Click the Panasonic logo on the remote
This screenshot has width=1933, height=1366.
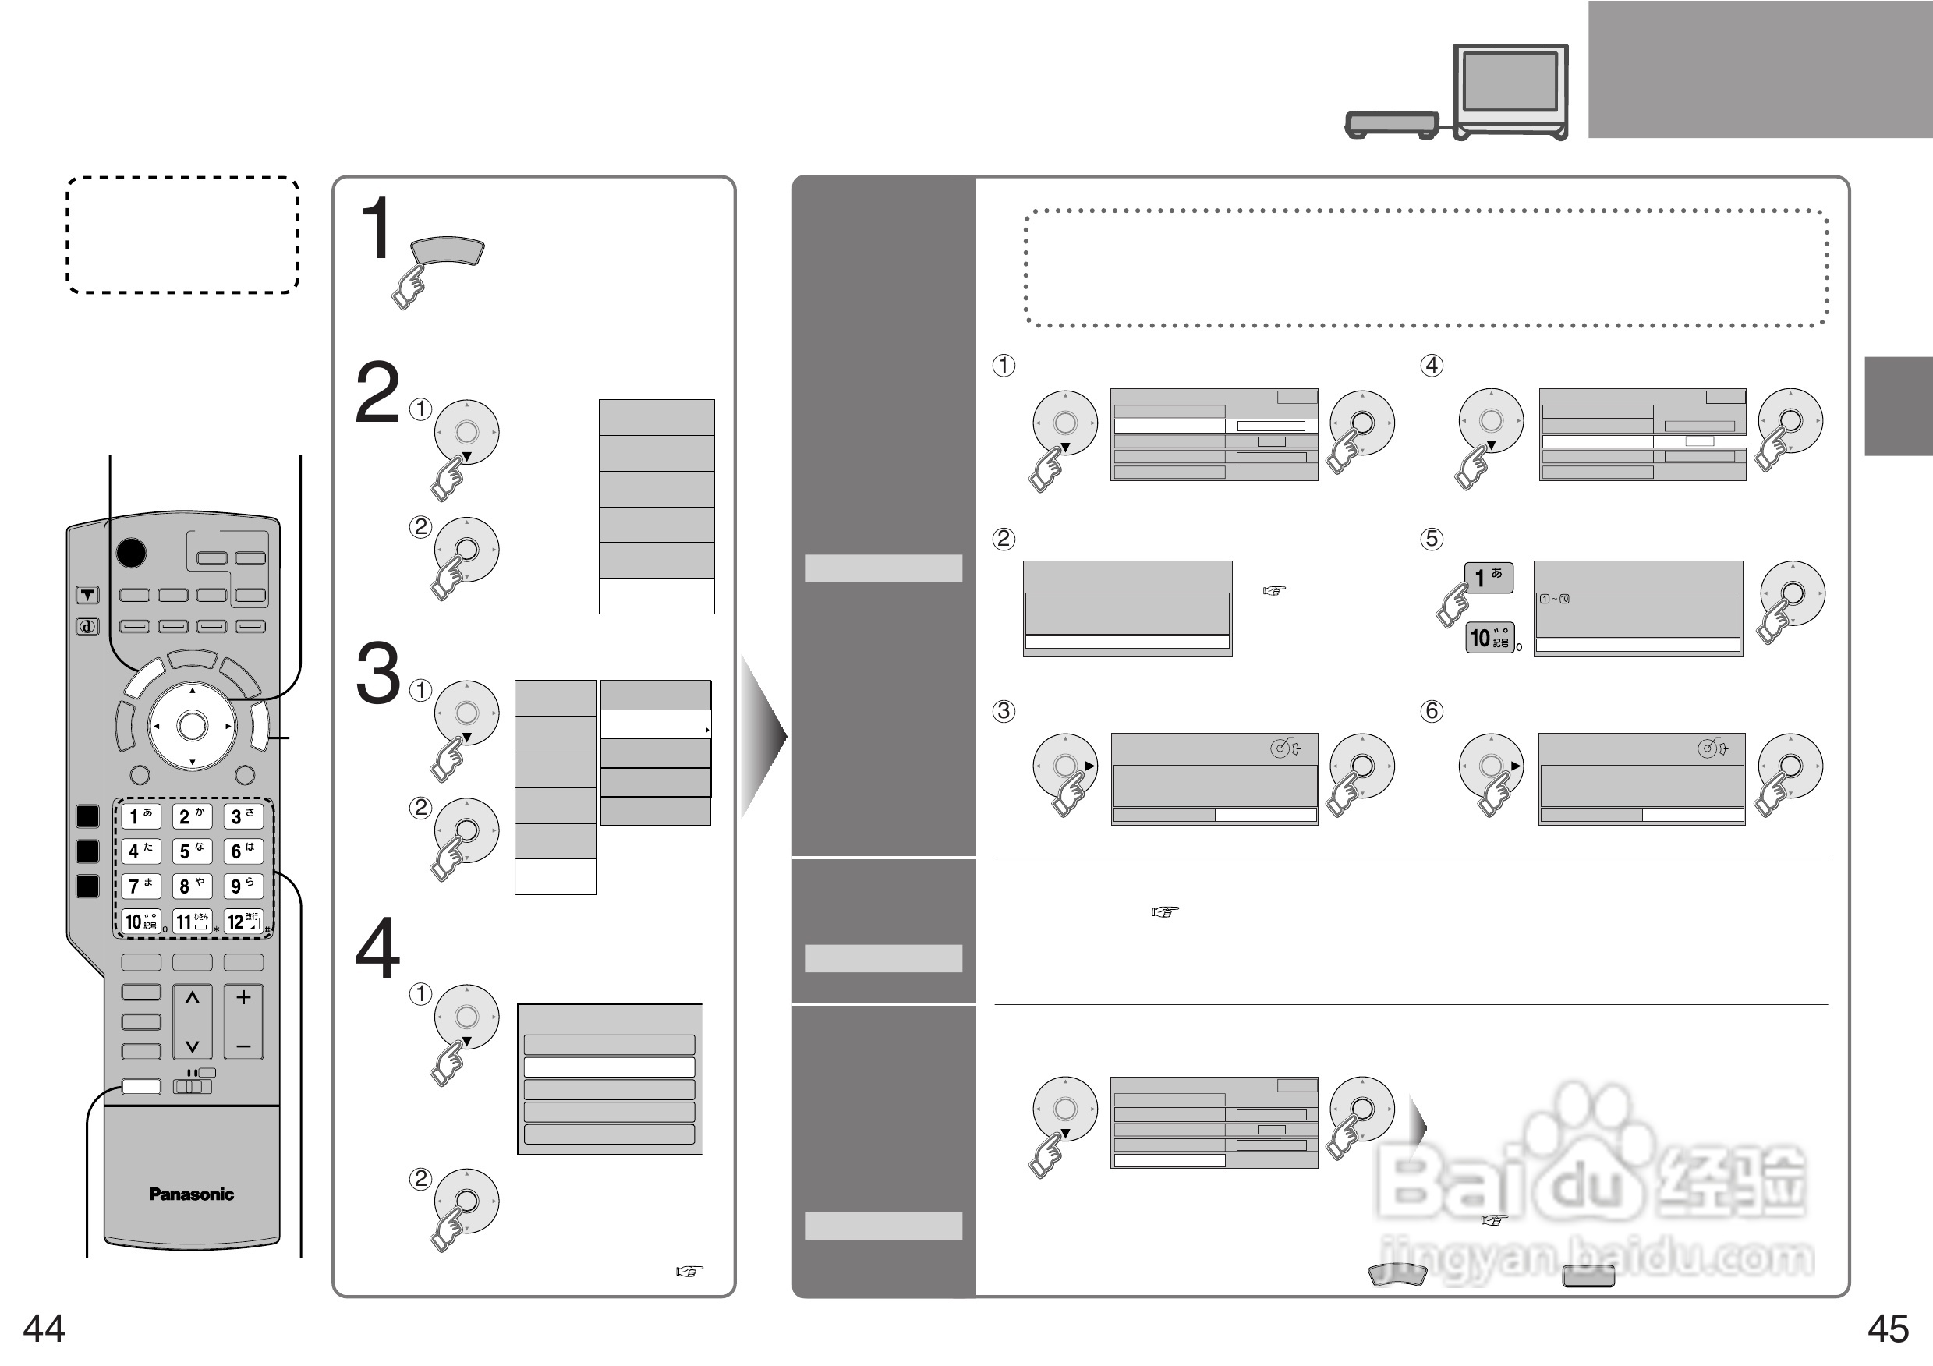191,1194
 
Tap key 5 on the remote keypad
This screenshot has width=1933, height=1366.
192,851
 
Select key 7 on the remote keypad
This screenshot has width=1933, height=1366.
140,886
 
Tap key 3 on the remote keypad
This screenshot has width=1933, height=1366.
243,816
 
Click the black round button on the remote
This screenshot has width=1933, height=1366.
130,553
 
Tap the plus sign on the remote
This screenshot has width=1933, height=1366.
243,997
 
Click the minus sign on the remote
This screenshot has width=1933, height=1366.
243,1046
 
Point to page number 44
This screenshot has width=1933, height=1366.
44,1329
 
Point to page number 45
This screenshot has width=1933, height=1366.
1888,1329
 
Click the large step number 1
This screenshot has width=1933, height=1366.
376,228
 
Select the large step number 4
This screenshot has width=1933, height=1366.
377,949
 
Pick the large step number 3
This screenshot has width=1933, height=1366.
378,673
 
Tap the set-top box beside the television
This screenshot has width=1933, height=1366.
1392,125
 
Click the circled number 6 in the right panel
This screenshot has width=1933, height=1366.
1431,711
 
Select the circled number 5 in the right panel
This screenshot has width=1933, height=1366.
1431,539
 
